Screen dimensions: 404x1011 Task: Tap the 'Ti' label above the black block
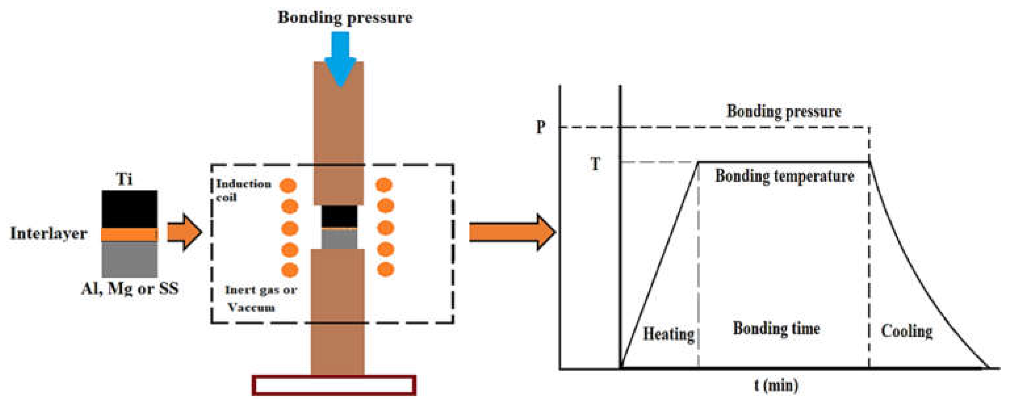pyautogui.click(x=124, y=179)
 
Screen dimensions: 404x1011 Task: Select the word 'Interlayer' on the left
pyautogui.click(x=49, y=234)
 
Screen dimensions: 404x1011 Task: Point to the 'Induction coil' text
pyautogui.click(x=243, y=190)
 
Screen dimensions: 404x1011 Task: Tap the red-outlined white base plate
pyautogui.click(x=334, y=385)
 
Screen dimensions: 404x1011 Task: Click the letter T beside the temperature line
pyautogui.click(x=595, y=164)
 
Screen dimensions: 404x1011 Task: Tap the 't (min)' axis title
pyautogui.click(x=776, y=385)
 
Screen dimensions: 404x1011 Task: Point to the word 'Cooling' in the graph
pyautogui.click(x=907, y=331)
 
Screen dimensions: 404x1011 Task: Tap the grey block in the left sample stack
pyautogui.click(x=129, y=259)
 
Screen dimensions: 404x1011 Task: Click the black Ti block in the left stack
pyautogui.click(x=129, y=209)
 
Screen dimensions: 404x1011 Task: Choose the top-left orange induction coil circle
pyautogui.click(x=288, y=185)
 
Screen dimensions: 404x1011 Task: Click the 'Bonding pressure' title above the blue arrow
pyautogui.click(x=345, y=18)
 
